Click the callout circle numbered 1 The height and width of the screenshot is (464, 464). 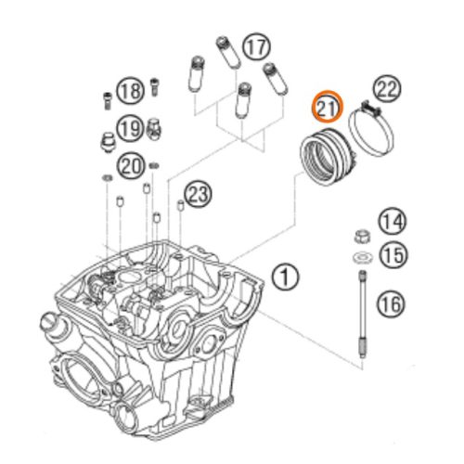coord(285,277)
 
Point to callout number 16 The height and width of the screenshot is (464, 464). coord(391,303)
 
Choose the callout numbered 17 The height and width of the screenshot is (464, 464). coord(256,47)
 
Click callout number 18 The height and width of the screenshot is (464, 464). coord(130,91)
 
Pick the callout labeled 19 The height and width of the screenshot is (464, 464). coord(130,128)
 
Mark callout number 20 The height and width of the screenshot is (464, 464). coord(130,166)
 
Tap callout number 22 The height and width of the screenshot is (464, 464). coord(387,89)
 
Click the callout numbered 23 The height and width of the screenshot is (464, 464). coord(198,195)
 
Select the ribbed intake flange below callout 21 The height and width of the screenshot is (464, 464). coord(329,157)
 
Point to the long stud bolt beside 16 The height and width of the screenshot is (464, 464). coord(362,314)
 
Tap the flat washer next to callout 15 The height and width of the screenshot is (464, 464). coord(362,257)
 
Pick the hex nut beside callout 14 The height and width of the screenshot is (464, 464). coord(362,237)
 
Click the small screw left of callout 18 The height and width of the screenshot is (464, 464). coord(107,100)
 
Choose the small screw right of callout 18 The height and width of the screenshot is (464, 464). coord(154,86)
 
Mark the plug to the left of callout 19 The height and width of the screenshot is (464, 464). coord(108,142)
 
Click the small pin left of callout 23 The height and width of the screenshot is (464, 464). coord(180,205)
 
